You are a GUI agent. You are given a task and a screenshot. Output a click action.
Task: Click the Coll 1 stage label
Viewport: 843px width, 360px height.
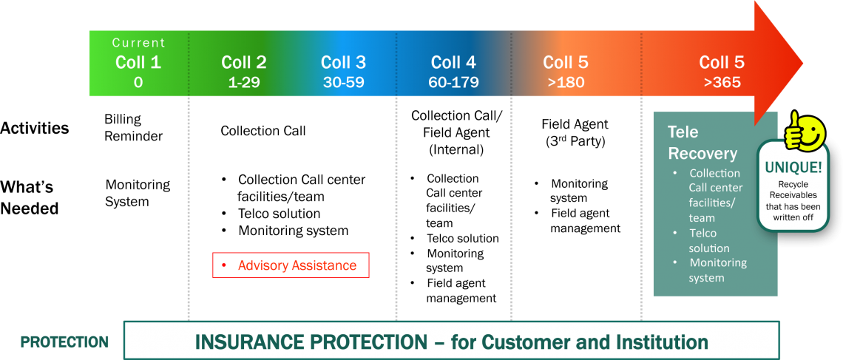[x=138, y=62]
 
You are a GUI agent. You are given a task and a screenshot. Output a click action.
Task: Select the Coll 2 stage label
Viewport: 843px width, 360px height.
[x=243, y=62]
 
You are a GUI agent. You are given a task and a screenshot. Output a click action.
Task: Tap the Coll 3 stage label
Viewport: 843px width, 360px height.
[x=344, y=62]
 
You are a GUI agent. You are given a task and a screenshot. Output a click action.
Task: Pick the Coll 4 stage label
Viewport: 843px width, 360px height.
[x=453, y=62]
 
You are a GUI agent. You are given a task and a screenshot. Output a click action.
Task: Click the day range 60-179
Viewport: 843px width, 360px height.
[x=453, y=83]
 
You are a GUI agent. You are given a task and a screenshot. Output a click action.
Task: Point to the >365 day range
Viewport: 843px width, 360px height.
[x=722, y=83]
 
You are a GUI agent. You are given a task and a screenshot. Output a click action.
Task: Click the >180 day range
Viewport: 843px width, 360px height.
[x=566, y=83]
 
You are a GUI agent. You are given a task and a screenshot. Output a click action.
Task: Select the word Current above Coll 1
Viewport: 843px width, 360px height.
[x=139, y=42]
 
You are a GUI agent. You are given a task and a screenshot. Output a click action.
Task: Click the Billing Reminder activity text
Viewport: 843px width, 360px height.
[x=133, y=128]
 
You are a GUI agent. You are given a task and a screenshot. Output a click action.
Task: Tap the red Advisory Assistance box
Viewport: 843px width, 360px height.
[x=291, y=265]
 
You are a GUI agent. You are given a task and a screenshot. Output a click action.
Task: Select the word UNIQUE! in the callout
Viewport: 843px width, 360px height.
[x=793, y=168]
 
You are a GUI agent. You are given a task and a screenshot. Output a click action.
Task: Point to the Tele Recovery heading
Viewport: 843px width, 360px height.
[x=702, y=143]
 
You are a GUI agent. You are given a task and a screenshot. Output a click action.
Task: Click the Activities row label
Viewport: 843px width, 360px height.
[x=35, y=129]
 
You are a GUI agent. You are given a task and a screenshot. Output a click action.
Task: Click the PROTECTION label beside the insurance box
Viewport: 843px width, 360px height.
[x=64, y=342]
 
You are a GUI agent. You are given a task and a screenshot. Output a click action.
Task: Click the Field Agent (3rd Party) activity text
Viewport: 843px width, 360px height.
[x=575, y=133]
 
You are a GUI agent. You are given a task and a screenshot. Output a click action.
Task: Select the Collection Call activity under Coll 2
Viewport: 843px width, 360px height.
[x=263, y=131]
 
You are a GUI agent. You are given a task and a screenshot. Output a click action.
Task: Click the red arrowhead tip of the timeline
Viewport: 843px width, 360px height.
[x=803, y=64]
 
